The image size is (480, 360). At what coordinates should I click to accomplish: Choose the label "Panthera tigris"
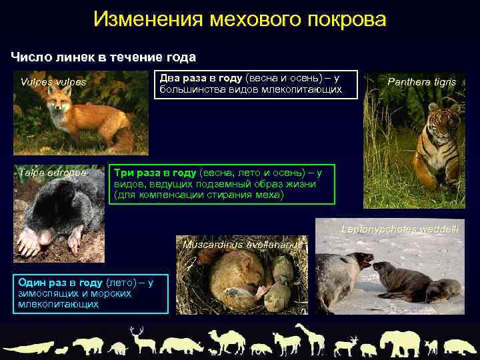(x=421, y=82)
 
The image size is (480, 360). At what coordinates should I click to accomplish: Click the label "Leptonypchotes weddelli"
(x=399, y=229)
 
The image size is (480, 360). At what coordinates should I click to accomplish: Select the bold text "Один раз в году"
(x=57, y=282)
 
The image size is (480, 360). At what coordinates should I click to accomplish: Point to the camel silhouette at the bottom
(x=226, y=341)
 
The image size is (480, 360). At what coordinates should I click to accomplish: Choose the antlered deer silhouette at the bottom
(x=139, y=340)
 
